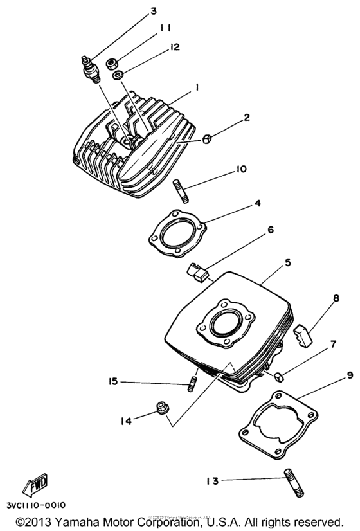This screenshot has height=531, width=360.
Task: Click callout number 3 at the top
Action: (153, 11)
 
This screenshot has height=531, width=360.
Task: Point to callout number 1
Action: (197, 85)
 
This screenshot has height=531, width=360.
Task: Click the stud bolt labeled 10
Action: (180, 192)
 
